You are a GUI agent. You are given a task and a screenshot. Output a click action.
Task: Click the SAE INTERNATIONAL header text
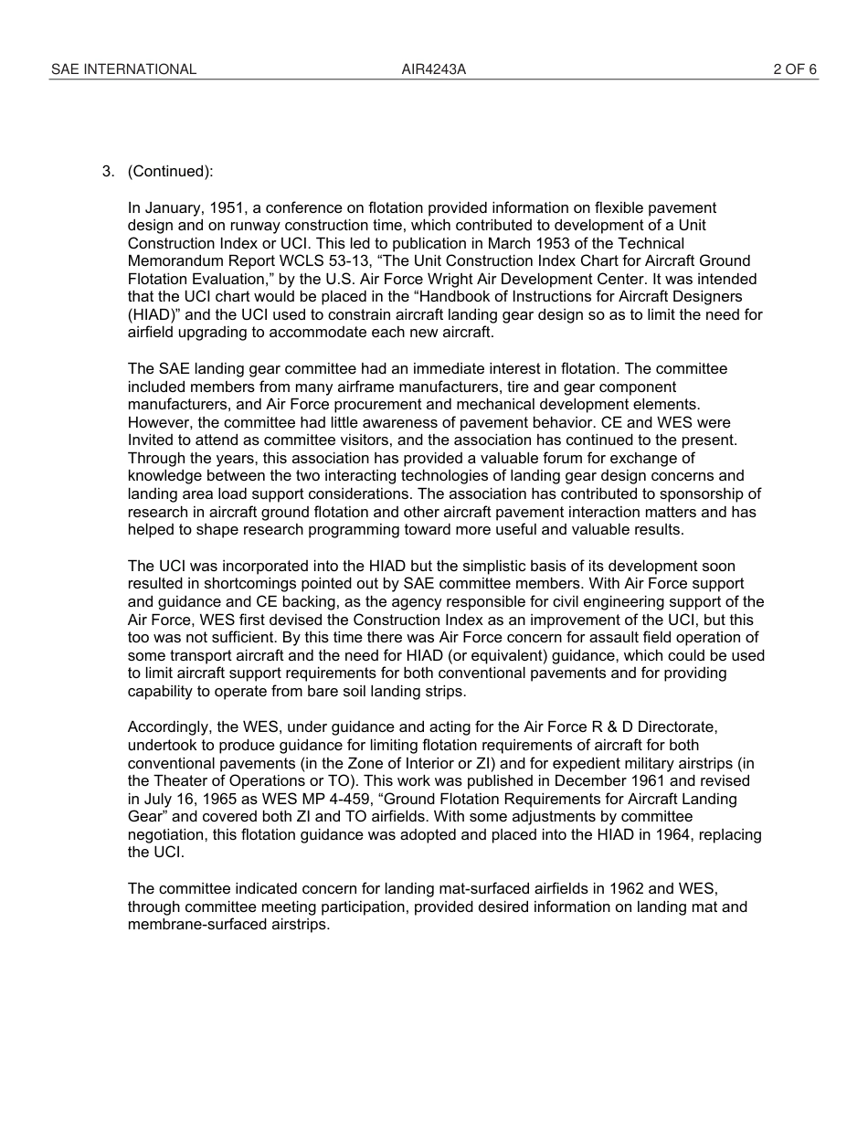coord(123,69)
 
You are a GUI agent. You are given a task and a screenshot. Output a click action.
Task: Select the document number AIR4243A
coord(434,69)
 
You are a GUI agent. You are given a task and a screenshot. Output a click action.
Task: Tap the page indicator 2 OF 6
coord(795,69)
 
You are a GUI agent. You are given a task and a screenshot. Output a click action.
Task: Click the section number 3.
coord(108,172)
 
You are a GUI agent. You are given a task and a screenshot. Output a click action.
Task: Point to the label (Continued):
coord(171,172)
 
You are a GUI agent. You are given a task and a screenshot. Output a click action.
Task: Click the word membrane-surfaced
coord(194,924)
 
